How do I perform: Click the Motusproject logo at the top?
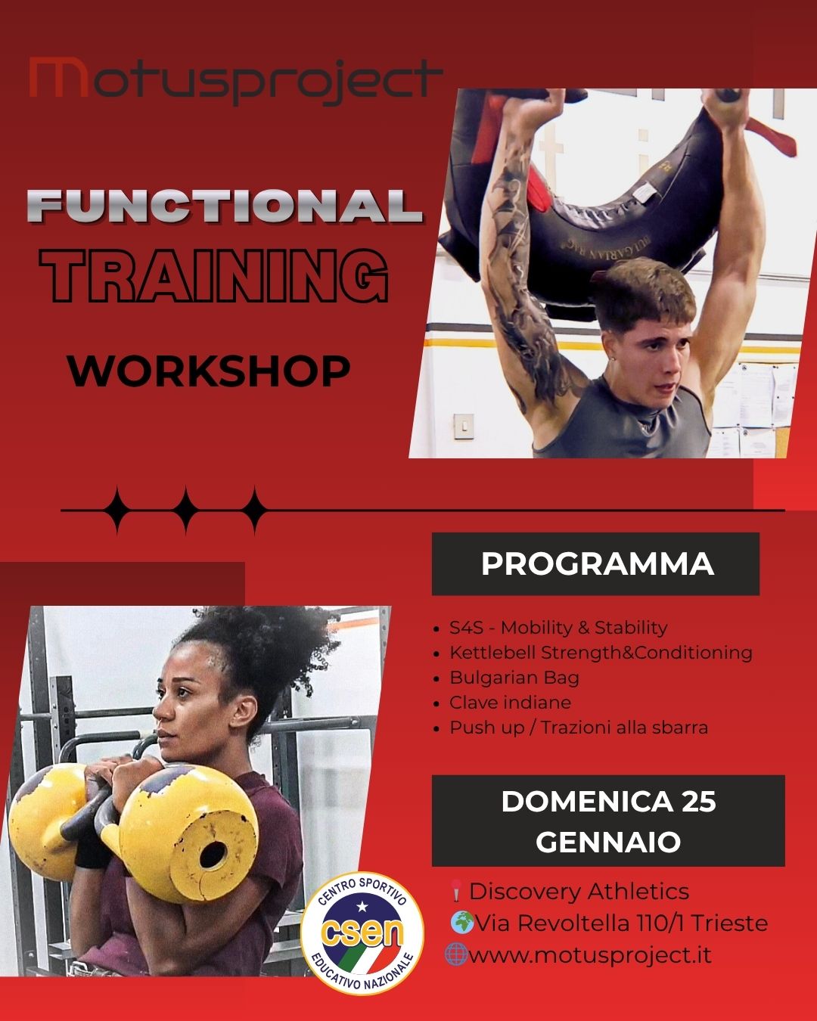[236, 79]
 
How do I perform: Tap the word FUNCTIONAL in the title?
[225, 206]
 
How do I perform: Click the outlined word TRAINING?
[214, 275]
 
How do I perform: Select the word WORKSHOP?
[209, 371]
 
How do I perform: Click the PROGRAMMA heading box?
[595, 563]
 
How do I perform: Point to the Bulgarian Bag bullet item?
[514, 678]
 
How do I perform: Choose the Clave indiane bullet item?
[511, 703]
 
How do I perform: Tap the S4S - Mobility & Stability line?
[558, 628]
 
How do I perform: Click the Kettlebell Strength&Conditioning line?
[601, 653]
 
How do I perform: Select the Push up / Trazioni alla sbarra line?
[579, 728]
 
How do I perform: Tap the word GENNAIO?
[608, 842]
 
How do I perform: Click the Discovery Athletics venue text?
[579, 892]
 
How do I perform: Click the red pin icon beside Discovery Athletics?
[455, 890]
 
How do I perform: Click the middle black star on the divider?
[185, 510]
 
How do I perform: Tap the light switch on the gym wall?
[463, 426]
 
